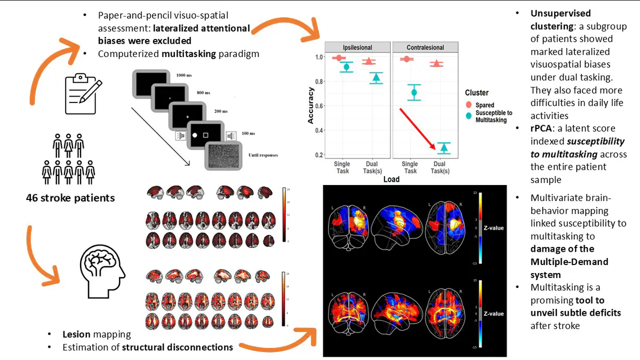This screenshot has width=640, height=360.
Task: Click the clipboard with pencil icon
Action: tap(81, 94)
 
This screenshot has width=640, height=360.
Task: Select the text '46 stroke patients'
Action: tap(70, 198)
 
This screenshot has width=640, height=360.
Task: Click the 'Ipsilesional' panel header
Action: tap(357, 47)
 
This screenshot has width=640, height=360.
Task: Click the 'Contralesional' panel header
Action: tap(425, 47)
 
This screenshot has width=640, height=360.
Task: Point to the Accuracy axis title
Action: tap(310, 105)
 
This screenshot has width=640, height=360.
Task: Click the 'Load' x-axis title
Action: tap(391, 180)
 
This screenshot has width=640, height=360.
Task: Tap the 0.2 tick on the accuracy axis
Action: tap(318, 155)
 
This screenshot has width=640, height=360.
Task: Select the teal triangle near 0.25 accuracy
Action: tap(443, 148)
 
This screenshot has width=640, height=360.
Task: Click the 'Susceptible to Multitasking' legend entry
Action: tap(493, 116)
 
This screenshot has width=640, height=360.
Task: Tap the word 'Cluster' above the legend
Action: tap(477, 93)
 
